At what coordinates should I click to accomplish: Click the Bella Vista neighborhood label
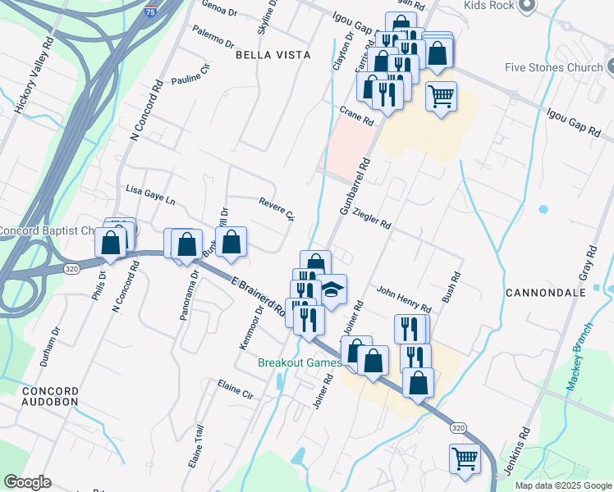(273, 54)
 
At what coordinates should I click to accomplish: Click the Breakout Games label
(300, 362)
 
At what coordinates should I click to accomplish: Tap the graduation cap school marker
(332, 289)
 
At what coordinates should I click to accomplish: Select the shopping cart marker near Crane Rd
(441, 96)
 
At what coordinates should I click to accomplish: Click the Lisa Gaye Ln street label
(150, 194)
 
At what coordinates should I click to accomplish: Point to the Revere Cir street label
(276, 208)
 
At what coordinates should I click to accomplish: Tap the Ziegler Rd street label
(371, 217)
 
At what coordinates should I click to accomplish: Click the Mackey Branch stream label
(580, 366)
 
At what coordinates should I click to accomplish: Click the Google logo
(27, 482)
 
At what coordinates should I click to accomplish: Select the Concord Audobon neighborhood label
(50, 397)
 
